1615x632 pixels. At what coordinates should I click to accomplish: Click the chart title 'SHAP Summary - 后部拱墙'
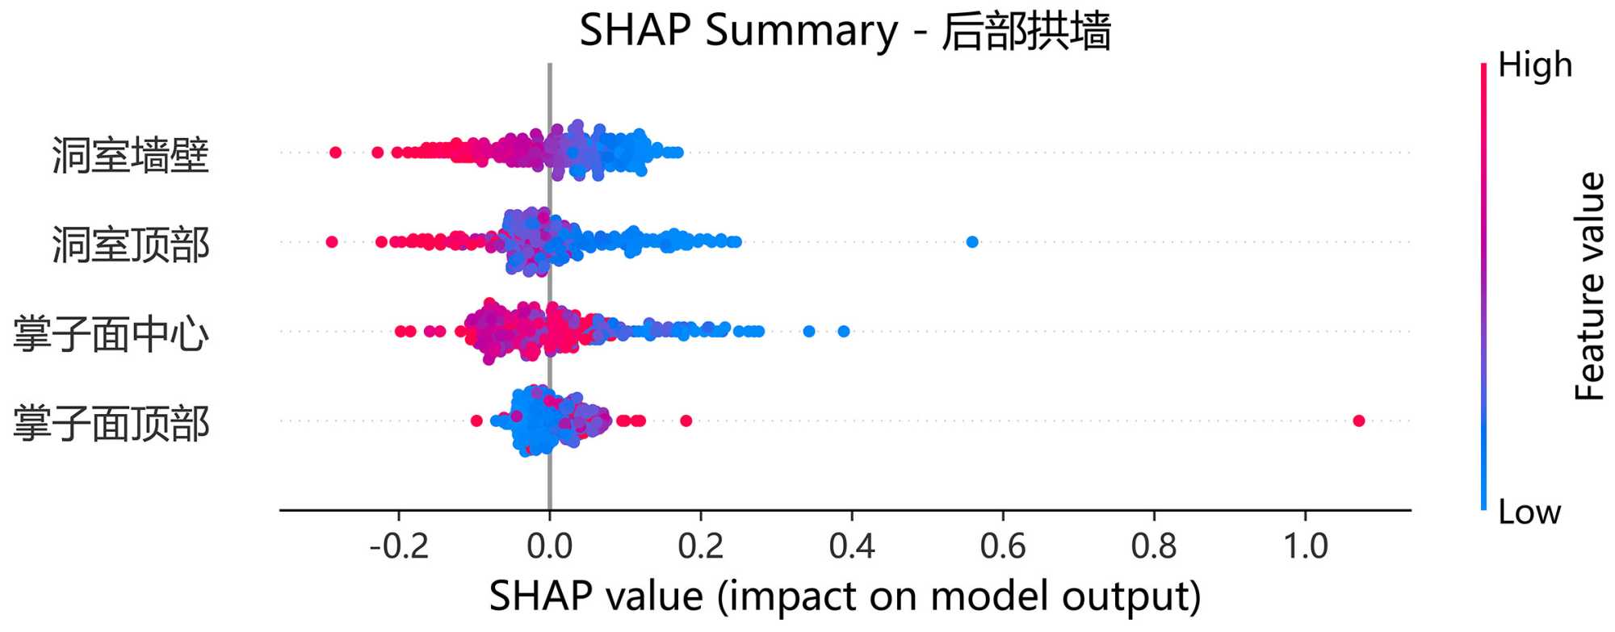pos(845,31)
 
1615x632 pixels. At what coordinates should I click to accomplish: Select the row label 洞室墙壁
pos(131,155)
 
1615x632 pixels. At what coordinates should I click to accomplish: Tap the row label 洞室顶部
pos(131,245)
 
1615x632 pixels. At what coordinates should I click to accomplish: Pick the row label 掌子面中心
pos(111,334)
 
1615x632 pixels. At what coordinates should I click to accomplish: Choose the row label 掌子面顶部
pos(111,424)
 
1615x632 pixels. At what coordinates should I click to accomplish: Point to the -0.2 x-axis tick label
pos(398,547)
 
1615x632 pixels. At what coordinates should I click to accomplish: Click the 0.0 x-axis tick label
pos(549,547)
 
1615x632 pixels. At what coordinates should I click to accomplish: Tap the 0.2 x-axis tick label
pos(700,547)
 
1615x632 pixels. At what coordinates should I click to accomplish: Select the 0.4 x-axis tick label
pos(851,547)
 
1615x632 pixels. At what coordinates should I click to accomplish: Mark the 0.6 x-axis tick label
pos(1002,547)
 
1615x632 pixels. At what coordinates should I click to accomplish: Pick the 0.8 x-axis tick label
pos(1153,547)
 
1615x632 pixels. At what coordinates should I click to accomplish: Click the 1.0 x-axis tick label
pos(1305,547)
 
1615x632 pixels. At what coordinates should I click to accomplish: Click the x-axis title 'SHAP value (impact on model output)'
pos(845,597)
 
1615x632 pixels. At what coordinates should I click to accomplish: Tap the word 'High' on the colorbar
pos(1534,65)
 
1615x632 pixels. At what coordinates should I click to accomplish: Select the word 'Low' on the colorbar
pos(1529,512)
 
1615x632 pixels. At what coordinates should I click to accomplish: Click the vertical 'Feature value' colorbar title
pos(1589,287)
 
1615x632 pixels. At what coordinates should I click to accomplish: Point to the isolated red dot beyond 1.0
pos(1358,421)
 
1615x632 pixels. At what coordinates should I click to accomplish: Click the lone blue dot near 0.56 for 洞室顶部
pos(972,242)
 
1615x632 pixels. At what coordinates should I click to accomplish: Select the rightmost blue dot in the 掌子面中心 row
pos(844,331)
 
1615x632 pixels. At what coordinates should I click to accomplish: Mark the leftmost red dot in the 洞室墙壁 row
pos(336,153)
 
